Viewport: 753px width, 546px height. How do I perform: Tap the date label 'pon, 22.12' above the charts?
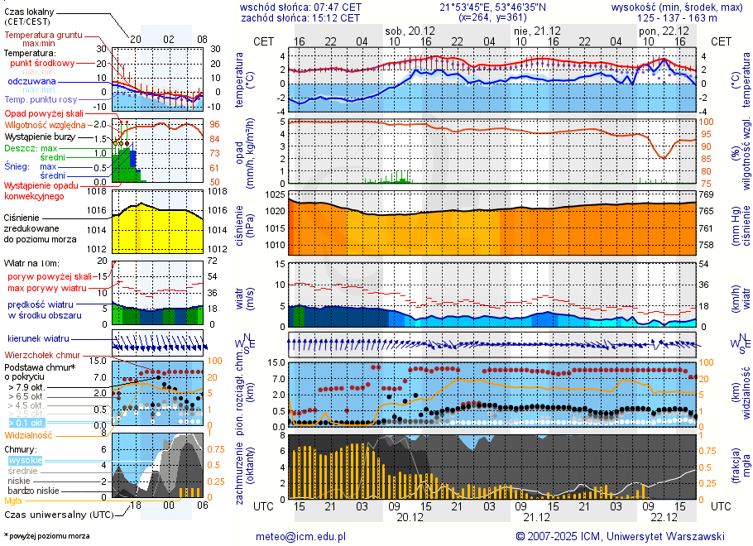(x=659, y=30)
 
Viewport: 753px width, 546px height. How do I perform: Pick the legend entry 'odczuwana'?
(x=31, y=82)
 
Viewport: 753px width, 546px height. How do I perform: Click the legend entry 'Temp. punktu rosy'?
(x=41, y=99)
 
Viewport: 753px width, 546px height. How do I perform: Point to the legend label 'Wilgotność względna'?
(x=46, y=124)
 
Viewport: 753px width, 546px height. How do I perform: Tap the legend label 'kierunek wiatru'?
(x=38, y=338)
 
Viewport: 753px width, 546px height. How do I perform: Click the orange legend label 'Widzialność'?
(x=29, y=434)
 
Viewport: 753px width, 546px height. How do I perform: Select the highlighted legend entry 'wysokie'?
(x=25, y=460)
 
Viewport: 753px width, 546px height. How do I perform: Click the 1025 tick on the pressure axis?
(x=276, y=194)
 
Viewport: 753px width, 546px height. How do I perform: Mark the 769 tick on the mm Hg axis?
(x=706, y=194)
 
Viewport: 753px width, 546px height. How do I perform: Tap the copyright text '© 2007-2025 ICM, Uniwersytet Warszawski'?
(x=620, y=536)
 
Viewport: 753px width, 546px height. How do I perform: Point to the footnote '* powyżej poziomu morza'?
(x=46, y=536)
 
